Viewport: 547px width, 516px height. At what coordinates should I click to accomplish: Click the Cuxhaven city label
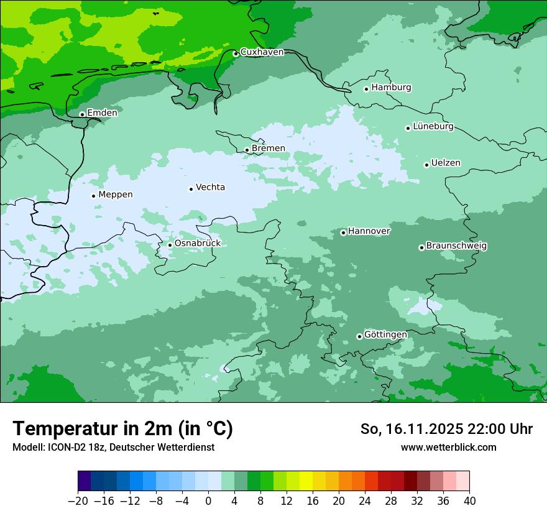pyautogui.click(x=262, y=52)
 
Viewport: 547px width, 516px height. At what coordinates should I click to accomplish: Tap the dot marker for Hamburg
pyautogui.click(x=367, y=89)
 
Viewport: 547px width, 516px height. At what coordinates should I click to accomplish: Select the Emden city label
pyautogui.click(x=102, y=113)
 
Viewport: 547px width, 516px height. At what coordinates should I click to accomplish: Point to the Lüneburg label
pyautogui.click(x=433, y=126)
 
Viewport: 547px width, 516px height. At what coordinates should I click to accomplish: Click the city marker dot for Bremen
pyautogui.click(x=247, y=150)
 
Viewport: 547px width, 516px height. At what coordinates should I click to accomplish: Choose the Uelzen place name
pyautogui.click(x=446, y=163)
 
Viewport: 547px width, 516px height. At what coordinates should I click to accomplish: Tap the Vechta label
pyautogui.click(x=210, y=187)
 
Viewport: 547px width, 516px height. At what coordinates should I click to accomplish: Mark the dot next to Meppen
pyautogui.click(x=94, y=196)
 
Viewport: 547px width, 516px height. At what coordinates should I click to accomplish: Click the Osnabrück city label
pyautogui.click(x=198, y=243)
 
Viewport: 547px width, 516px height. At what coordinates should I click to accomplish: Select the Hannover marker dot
pyautogui.click(x=343, y=233)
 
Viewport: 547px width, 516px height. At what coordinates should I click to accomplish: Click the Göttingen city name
pyautogui.click(x=385, y=334)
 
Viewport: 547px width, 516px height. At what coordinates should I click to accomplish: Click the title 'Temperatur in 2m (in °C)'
pyautogui.click(x=122, y=429)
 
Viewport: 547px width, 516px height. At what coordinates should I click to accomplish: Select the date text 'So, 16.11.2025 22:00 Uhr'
pyautogui.click(x=446, y=429)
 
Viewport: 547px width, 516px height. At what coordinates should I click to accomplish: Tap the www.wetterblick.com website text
pyautogui.click(x=448, y=447)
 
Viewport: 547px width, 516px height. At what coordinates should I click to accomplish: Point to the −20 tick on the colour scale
pyautogui.click(x=78, y=501)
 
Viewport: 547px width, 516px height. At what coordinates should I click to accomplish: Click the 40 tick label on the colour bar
pyautogui.click(x=469, y=501)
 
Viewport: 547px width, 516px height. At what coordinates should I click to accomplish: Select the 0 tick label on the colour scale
pyautogui.click(x=208, y=501)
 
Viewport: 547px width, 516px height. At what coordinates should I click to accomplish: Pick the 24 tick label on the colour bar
pyautogui.click(x=365, y=501)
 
